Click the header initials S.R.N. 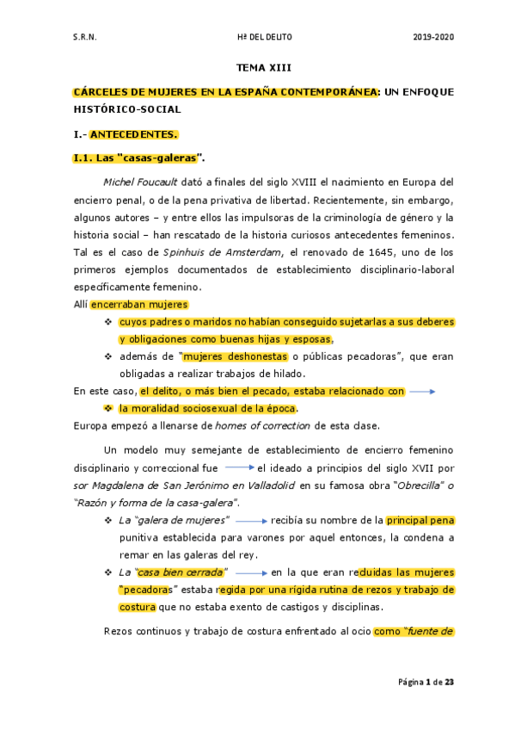84,37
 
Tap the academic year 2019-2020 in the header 432,37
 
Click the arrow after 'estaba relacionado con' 422,391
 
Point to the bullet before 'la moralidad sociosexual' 108,408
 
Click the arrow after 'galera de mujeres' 252,521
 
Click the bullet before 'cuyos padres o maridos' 108,322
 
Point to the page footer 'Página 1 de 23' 425,683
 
